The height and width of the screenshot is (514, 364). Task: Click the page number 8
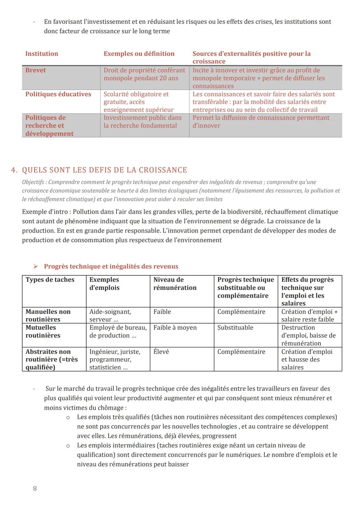click(x=35, y=488)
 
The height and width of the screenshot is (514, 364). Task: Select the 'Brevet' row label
click(x=35, y=70)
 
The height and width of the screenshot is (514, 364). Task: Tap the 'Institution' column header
click(x=42, y=54)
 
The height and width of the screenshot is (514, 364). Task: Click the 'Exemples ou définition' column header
click(x=139, y=54)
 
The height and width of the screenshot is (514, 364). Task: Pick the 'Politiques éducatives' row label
click(x=58, y=94)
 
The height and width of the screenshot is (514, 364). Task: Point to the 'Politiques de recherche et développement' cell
click(x=49, y=126)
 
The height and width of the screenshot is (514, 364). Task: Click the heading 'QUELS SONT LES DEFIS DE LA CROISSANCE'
click(x=104, y=170)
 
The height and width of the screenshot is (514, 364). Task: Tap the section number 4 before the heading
click(x=14, y=170)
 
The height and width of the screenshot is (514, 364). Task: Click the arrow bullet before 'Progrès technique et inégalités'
click(x=36, y=267)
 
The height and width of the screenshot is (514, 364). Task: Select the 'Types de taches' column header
click(x=50, y=280)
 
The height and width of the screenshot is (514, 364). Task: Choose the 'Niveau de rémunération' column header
click(x=175, y=284)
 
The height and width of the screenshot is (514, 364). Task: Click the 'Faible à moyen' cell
click(x=175, y=328)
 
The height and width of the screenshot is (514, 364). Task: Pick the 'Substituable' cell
click(x=235, y=328)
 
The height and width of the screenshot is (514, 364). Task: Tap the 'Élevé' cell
click(x=161, y=352)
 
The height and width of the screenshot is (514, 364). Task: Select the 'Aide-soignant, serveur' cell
click(x=110, y=315)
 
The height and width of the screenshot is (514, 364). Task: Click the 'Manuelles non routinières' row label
click(x=48, y=315)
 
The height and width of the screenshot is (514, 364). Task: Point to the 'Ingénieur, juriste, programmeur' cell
click(x=115, y=359)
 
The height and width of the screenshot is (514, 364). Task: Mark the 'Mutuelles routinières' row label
click(x=43, y=332)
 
